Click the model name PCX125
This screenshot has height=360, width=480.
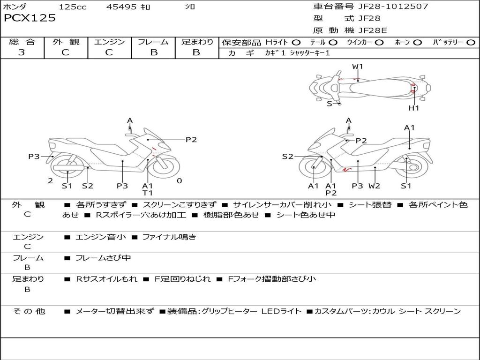coord(30,18)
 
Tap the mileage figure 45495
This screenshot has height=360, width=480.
coord(121,7)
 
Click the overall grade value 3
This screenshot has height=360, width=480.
coord(22,52)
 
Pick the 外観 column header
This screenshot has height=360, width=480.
coord(65,42)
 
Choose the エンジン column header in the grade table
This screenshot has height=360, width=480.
coord(109,42)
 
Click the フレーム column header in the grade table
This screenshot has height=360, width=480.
coord(153,42)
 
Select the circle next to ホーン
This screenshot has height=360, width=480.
coord(418,42)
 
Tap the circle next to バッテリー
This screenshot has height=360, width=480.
coord(471,42)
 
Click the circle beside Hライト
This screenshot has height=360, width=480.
coord(296,42)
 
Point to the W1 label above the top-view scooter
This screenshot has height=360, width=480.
coord(358,67)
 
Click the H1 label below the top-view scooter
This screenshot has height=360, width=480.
coord(414,108)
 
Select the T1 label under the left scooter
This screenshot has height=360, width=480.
coord(148,193)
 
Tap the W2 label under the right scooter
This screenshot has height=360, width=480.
coord(374,186)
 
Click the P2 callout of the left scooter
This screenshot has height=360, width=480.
coord(191,139)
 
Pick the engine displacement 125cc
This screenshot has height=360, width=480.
coord(73,7)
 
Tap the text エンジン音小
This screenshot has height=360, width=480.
coord(100,237)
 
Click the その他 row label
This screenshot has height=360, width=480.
coord(29,311)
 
